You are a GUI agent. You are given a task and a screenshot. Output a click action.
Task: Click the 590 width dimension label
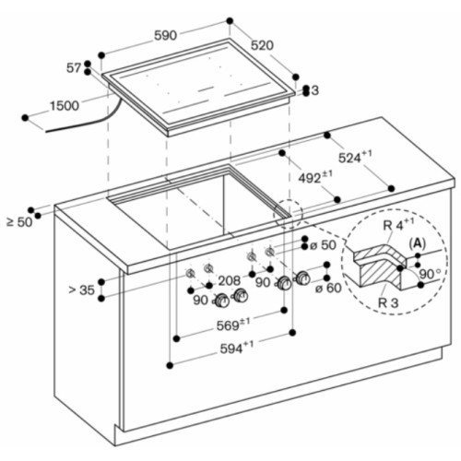[165, 36]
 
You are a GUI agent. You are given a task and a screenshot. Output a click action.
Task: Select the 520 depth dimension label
[262, 45]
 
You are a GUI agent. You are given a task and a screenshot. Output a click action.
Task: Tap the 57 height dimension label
[74, 68]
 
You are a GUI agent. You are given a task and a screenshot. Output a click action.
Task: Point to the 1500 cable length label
[65, 106]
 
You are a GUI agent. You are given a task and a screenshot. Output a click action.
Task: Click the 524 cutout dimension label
[355, 157]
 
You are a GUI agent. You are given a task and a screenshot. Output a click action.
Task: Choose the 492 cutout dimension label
[315, 177]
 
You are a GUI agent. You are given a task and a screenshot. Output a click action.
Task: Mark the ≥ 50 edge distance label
[19, 222]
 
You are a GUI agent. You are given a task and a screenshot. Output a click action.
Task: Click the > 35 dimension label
[82, 290]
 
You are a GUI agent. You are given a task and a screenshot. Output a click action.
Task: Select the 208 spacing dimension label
[230, 280]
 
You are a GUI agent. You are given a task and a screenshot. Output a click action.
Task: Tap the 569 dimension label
[233, 325]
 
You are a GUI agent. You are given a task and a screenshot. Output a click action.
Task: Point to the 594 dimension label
[237, 348]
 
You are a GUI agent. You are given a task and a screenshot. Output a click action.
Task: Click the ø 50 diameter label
[323, 245]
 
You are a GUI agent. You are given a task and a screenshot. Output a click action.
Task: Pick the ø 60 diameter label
[328, 288]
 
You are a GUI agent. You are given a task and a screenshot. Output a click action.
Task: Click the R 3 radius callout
[388, 302]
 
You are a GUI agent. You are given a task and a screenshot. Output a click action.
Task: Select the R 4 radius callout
[398, 225]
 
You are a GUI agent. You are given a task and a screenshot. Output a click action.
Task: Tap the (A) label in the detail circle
[417, 243]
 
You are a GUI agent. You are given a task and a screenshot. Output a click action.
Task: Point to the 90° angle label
[430, 274]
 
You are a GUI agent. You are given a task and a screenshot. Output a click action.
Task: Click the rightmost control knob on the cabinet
[303, 278]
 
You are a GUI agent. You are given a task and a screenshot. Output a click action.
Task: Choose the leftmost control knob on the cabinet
[221, 301]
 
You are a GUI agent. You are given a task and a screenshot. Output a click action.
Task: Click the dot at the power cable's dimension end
[25, 118]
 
